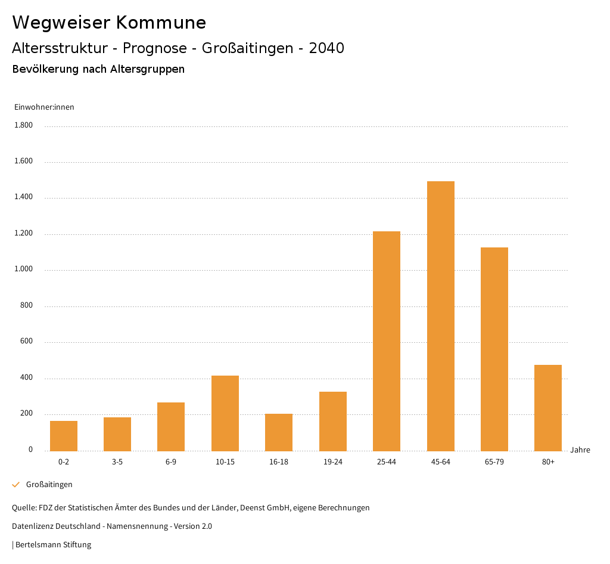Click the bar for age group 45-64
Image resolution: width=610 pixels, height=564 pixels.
click(x=440, y=316)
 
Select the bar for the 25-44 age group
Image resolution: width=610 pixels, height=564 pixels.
click(x=387, y=341)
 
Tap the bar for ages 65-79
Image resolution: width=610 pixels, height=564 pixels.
click(x=494, y=349)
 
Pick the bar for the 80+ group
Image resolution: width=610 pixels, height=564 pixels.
click(x=548, y=408)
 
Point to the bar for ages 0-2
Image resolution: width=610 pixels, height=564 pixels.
click(x=64, y=436)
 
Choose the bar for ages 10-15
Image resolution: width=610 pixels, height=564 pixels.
click(x=225, y=413)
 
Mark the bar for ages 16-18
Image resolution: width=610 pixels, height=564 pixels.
click(x=279, y=432)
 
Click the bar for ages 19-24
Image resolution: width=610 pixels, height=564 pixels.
click(x=333, y=421)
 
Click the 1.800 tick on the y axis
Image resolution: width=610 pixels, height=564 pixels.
click(x=23, y=125)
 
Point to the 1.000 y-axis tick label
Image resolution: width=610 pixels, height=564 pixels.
click(x=23, y=269)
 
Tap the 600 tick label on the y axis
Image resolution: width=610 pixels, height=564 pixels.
click(x=26, y=342)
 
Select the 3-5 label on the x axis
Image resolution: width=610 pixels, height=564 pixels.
click(x=117, y=462)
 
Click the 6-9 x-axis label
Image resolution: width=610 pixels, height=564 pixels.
click(x=171, y=462)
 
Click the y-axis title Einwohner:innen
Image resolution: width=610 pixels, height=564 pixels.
click(x=44, y=107)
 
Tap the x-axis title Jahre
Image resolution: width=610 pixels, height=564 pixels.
click(x=580, y=450)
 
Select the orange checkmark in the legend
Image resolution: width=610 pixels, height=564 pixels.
click(x=16, y=485)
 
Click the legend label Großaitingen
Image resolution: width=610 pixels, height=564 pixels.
click(x=49, y=485)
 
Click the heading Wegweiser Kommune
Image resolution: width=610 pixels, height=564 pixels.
click(x=109, y=23)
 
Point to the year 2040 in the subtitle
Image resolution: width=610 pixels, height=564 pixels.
click(x=326, y=48)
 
